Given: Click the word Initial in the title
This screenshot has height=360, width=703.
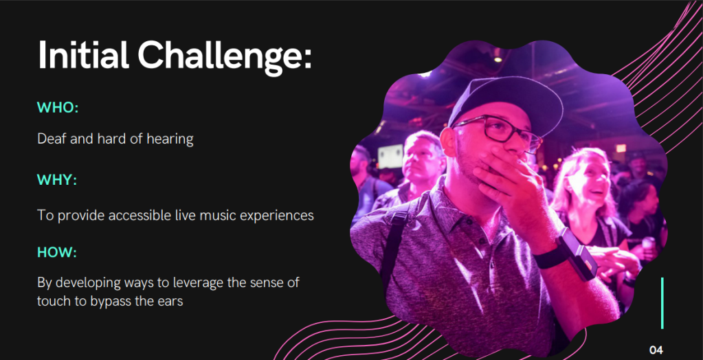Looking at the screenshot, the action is [83, 55].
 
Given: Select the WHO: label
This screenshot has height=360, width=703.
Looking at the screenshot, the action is [58, 108].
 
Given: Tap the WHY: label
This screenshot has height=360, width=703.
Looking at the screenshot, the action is [57, 180].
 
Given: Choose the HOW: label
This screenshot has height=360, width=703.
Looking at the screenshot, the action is [57, 252].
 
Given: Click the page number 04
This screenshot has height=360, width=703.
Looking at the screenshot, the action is [656, 350].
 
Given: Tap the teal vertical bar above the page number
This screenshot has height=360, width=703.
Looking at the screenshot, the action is [662, 303].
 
